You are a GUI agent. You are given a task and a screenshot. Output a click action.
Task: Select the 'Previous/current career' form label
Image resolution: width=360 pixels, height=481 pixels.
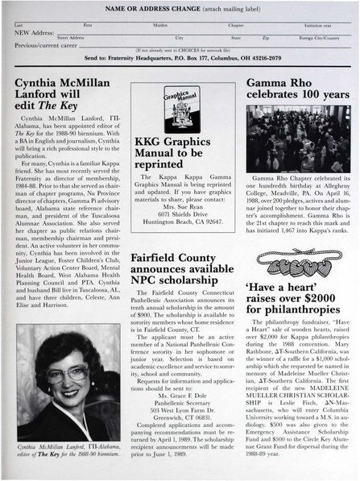pyautogui.click(x=47, y=44)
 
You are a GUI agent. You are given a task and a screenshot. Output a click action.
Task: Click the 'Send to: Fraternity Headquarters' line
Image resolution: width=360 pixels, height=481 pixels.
pyautogui.click(x=180, y=60)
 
